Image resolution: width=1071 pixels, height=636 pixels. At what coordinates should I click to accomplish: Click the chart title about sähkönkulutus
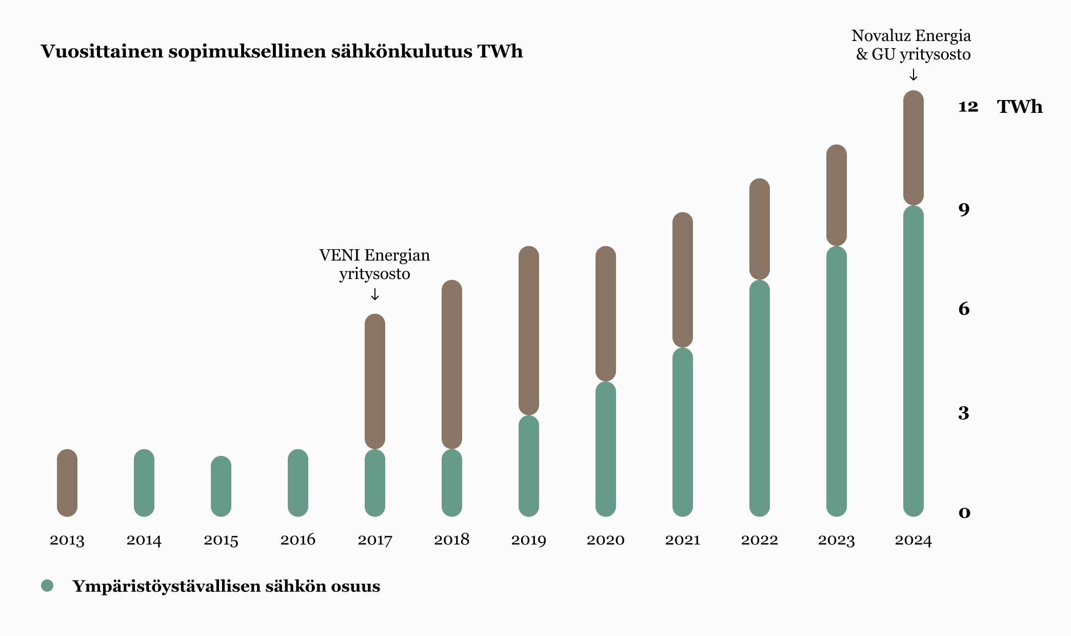(282, 52)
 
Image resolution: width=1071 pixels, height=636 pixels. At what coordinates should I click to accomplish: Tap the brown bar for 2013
(67, 483)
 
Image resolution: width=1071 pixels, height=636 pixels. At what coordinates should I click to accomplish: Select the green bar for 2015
(221, 486)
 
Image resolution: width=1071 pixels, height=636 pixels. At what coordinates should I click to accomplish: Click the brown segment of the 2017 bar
(375, 381)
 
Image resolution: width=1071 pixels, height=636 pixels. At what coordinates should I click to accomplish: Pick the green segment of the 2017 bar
(375, 483)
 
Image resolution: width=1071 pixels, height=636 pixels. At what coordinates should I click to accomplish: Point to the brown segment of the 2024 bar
(913, 148)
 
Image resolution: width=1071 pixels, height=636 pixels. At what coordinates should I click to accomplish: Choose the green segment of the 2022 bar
(760, 398)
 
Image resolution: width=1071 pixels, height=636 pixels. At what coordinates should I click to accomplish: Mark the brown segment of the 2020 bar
(606, 313)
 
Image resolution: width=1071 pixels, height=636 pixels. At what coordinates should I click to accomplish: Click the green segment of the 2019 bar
(529, 466)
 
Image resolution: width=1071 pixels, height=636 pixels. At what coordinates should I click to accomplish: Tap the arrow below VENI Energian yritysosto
(375, 294)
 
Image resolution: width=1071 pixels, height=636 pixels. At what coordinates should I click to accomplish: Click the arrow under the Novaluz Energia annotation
(913, 75)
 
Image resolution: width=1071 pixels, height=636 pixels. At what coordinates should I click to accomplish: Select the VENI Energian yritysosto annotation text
(374, 264)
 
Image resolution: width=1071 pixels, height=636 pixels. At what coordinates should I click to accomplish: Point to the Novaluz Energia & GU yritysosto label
(911, 45)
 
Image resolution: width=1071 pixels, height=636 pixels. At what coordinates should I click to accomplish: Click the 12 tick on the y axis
(968, 107)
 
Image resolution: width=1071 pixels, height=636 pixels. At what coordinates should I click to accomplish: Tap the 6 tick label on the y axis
(964, 309)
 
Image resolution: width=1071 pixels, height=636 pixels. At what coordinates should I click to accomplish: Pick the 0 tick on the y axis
(964, 512)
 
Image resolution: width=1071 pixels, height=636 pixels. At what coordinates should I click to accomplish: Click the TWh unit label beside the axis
(1019, 107)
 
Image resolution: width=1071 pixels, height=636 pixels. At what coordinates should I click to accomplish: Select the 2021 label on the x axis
(683, 540)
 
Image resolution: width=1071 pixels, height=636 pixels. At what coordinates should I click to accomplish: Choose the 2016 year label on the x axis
(298, 540)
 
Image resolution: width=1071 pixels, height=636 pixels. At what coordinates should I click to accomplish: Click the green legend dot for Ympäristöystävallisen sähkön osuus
(47, 586)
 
